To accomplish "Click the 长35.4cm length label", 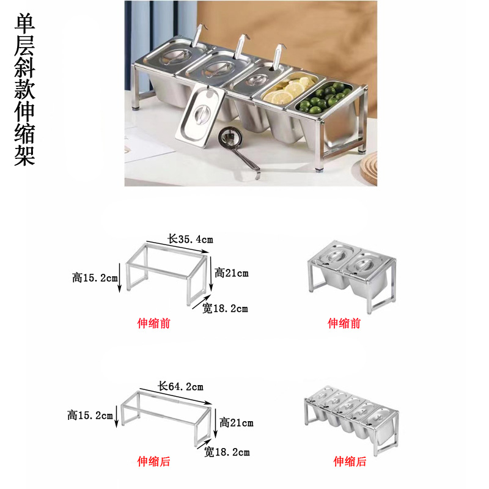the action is pos(190,239).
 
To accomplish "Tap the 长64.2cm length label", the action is pos(181,386).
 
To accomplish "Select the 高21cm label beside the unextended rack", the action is pos(232,273).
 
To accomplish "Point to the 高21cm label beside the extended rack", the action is pos(236,422).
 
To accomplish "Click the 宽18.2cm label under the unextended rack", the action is pos(226,308).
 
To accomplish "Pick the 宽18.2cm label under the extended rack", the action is pos(227,452).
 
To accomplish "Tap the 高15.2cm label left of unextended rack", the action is pos(95,278).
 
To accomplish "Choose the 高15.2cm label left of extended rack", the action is pos(90,416).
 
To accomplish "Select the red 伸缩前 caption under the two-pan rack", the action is pos(344,323).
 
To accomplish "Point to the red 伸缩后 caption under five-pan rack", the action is pos(350,462).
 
